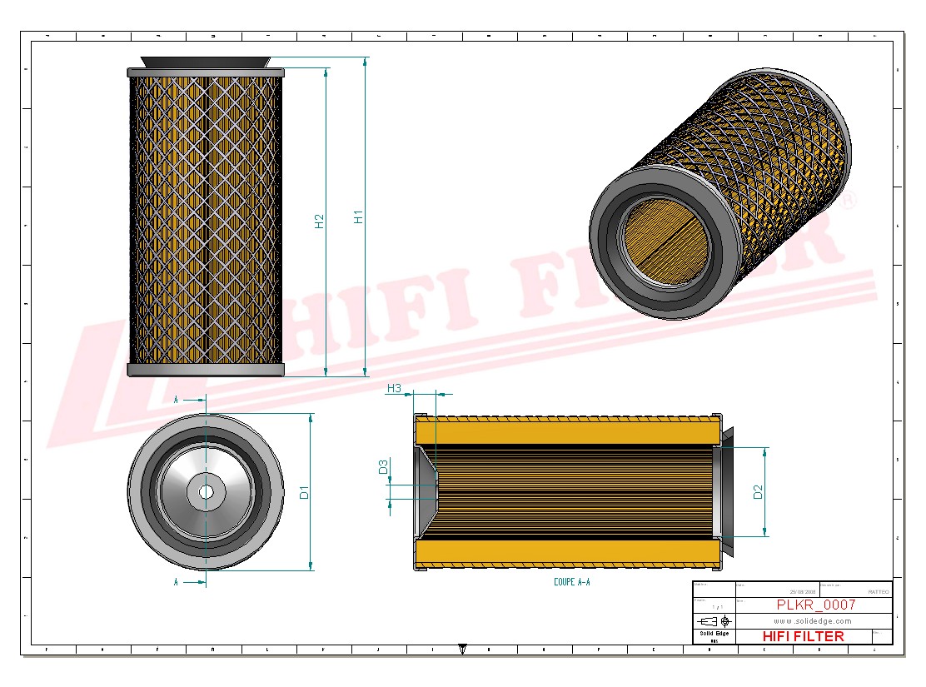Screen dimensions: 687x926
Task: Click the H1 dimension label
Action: (x=359, y=217)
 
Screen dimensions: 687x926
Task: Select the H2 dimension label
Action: (x=319, y=222)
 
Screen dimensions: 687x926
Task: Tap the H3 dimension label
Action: (x=394, y=389)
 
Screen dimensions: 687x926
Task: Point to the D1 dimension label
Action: (x=305, y=492)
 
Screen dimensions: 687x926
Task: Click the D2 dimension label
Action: (x=758, y=492)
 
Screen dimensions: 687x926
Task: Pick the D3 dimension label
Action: (x=383, y=467)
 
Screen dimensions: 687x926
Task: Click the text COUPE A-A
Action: (x=571, y=582)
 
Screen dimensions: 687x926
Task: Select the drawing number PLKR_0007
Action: (x=815, y=605)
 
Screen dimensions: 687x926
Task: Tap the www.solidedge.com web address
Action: (x=812, y=621)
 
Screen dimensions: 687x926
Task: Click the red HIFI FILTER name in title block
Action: (x=803, y=636)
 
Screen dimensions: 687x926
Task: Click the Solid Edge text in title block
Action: (x=713, y=635)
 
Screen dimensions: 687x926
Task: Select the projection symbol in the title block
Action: (x=714, y=621)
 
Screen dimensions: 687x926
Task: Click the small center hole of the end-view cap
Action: (x=206, y=492)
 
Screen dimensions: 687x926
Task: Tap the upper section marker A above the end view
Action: (x=176, y=401)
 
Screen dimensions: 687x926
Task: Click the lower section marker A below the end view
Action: (x=176, y=583)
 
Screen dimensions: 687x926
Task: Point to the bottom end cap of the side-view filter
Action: (x=206, y=370)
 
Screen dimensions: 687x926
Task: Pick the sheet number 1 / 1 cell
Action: (x=714, y=607)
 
